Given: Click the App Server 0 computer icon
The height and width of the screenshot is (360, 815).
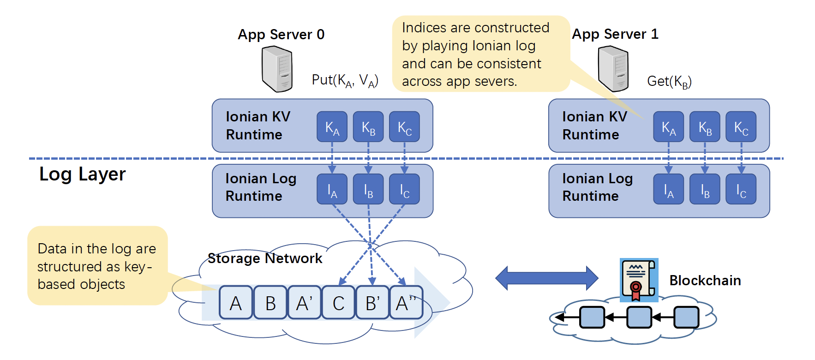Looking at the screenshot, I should point(277,69).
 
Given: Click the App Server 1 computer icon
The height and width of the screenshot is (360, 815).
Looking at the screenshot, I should point(613,69).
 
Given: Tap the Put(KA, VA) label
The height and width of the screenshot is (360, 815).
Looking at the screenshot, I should point(345,80).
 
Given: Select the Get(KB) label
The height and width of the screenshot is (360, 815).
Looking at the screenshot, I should point(669,82).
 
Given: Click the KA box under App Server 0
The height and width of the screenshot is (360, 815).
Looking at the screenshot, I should point(332,127).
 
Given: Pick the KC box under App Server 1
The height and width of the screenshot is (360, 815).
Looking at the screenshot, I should point(741,127).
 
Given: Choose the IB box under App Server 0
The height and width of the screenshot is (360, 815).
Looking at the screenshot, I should point(368,189).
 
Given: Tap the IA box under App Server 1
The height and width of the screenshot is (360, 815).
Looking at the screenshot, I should point(668,189).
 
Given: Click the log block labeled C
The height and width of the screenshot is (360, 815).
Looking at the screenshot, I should point(338,303).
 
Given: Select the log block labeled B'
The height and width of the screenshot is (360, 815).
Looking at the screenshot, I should point(372,303).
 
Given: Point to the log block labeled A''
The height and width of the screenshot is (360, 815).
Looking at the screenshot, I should point(406,303).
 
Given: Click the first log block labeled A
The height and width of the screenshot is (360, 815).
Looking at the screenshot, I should point(236,303).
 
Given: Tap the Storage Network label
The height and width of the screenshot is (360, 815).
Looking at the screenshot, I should point(264,258).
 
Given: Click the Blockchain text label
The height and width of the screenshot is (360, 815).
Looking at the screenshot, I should point(705,281).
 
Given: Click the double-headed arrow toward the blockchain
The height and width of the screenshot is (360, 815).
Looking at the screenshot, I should point(546,278).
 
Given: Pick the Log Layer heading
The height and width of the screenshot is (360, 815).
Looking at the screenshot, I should point(82,174).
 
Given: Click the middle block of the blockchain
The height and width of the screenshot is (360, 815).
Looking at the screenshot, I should point(639,318).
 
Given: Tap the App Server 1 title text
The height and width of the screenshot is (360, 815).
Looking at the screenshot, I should point(615,34).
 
